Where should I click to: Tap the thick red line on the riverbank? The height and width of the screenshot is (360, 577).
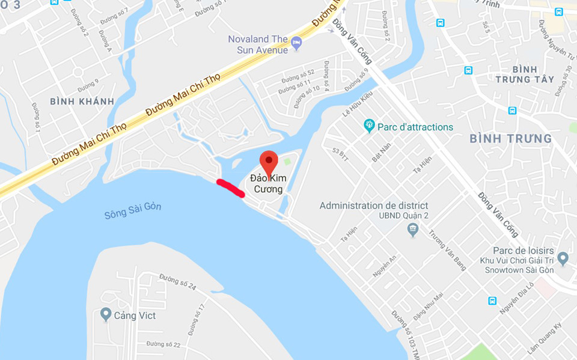coord(230,188)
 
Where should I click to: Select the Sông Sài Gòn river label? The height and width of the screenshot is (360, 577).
coord(133,211)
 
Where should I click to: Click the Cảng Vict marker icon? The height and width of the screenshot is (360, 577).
coord(106,314)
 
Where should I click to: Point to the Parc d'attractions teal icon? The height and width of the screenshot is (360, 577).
coord(369,126)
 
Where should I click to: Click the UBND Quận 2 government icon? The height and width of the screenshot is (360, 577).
coord(412,229)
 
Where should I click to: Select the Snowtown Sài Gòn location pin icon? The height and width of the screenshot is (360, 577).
coord(563,258)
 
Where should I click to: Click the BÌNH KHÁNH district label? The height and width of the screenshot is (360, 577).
coord(82,101)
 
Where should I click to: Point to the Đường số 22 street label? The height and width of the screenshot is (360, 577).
coord(163,344)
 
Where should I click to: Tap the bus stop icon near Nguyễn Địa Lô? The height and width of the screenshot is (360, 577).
coord(492,301)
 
